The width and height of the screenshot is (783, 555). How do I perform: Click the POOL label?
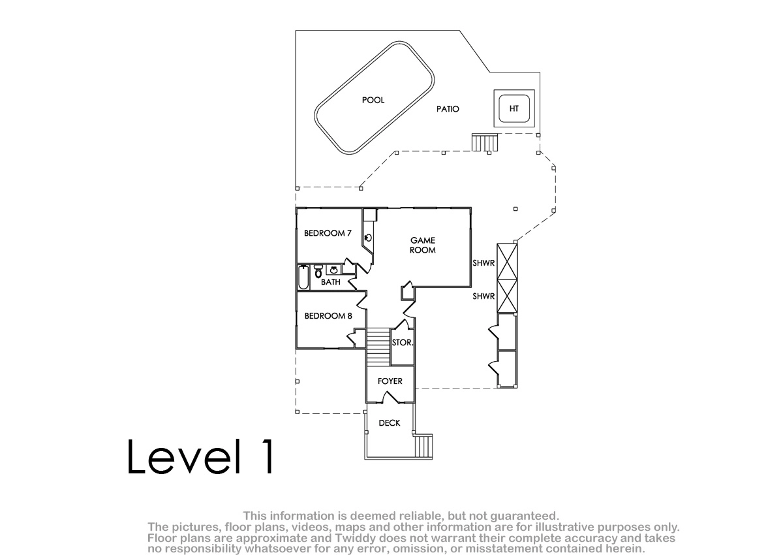pos(373,100)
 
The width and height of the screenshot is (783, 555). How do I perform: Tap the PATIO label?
pos(448,109)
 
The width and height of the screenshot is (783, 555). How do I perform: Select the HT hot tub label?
pos(514,109)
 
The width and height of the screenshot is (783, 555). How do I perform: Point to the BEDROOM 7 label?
pos(328,233)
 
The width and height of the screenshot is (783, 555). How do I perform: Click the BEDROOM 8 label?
pos(328,316)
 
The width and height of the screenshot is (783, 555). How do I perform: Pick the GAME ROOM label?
pos(423,245)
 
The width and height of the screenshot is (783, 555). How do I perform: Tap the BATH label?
pos(330,282)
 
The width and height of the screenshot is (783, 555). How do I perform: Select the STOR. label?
pos(403,342)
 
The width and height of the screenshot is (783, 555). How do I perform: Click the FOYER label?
pos(390,381)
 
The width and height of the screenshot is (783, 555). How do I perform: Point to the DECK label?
pos(390,423)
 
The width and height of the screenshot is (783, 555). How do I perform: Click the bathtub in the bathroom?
pos(303,277)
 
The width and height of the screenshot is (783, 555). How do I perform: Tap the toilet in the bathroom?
pos(318,272)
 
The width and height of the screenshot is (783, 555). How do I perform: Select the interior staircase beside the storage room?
pos(378,347)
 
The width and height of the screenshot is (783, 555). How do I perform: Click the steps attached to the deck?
pos(423,446)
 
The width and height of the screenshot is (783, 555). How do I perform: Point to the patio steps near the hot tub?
pos(484,142)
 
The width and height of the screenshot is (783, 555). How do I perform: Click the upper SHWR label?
pos(484,263)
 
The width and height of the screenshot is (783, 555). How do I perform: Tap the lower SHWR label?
pos(484,296)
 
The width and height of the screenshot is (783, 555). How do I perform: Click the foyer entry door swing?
pos(391,397)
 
